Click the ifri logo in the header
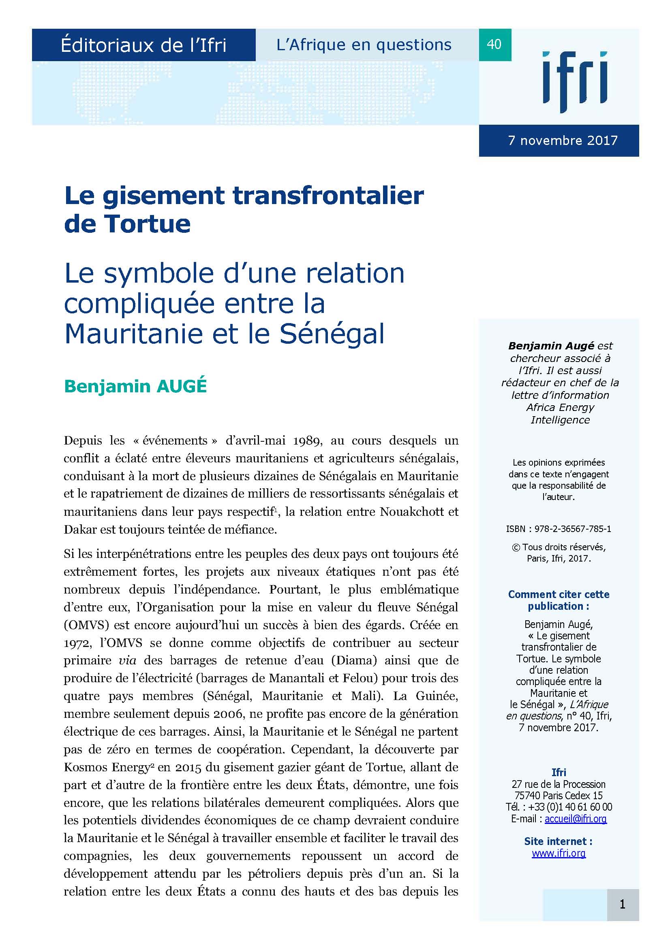coord(574,82)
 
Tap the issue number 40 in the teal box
coord(494,44)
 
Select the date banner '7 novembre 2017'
coord(563,140)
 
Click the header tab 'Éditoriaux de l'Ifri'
coord(143,45)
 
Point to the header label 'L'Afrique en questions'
coord(364,45)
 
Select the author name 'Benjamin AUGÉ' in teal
coord(135,386)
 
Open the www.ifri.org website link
coord(559,853)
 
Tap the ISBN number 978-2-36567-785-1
coord(573,529)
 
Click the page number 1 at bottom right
coord(622,904)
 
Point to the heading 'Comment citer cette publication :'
coord(559,600)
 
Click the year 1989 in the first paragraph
coord(306,441)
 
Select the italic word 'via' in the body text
coord(127,660)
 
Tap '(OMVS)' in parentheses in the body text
coord(86,625)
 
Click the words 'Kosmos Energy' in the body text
coord(106,767)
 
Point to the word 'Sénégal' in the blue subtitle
coord(332,333)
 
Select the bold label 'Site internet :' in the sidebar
coord(558,841)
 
